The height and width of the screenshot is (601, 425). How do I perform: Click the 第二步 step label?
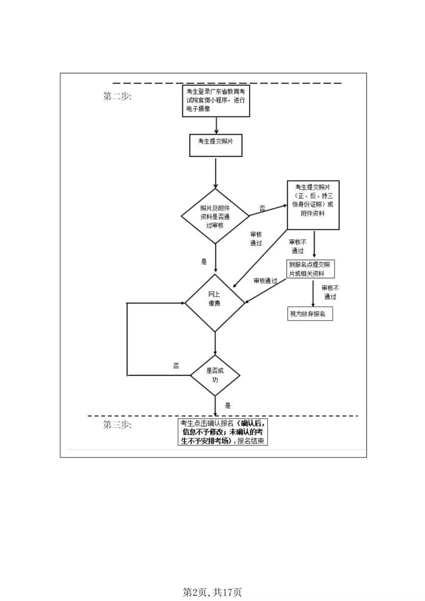tap(117, 96)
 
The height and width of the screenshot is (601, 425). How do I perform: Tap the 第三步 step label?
tap(117, 425)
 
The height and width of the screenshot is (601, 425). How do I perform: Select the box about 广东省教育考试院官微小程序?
tap(216, 101)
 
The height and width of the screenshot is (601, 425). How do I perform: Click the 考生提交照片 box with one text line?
tap(216, 145)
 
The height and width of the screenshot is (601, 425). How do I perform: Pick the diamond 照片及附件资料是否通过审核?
tap(215, 216)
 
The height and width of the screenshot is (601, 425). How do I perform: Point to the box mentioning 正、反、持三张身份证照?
tap(313, 205)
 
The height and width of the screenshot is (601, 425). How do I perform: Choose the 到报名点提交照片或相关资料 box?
tap(310, 269)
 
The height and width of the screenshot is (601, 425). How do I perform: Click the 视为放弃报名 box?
tap(310, 314)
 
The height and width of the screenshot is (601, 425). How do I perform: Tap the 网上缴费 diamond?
tap(215, 303)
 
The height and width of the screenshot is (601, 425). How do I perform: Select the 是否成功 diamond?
tap(215, 375)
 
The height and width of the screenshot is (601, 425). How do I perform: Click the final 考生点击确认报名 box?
tap(222, 432)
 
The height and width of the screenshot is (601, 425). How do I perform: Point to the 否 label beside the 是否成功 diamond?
tap(176, 366)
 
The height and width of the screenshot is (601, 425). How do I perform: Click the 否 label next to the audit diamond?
tap(262, 209)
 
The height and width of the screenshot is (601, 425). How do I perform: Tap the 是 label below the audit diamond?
tap(204, 262)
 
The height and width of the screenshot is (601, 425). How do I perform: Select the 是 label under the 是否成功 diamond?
tap(228, 406)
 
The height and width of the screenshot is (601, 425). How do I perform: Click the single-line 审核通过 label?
tap(265, 281)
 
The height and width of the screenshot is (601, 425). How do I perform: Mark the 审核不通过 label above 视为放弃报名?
tap(330, 292)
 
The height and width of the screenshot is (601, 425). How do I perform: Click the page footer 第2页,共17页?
tap(213, 592)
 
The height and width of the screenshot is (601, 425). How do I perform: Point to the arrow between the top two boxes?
tap(216, 126)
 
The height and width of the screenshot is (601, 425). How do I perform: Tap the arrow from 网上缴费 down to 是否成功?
tap(215, 344)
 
